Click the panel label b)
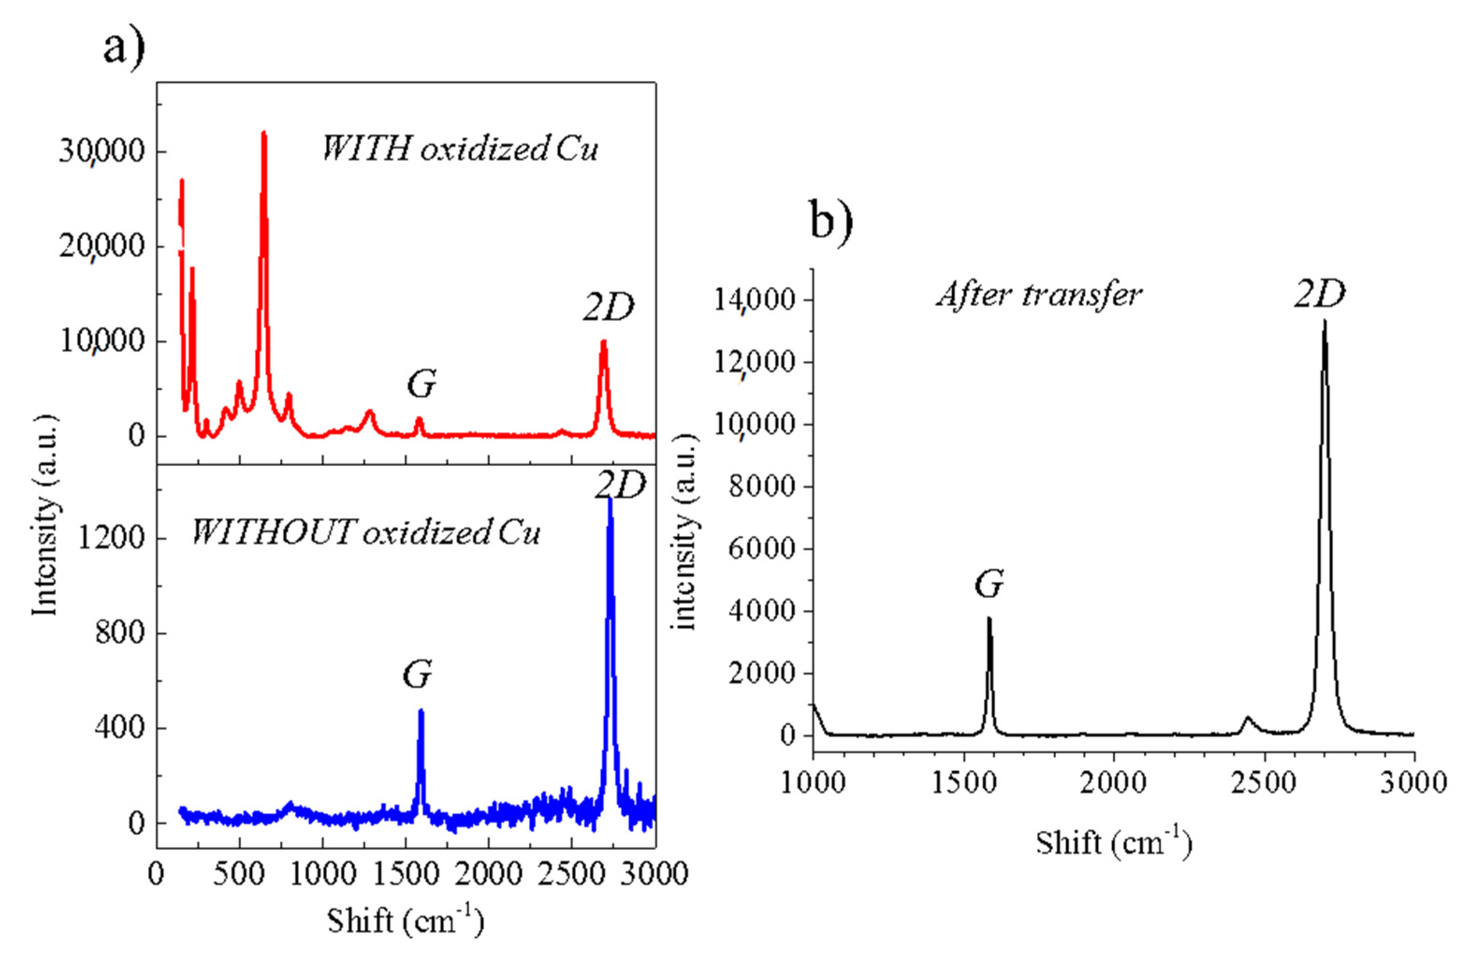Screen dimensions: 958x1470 point(831,220)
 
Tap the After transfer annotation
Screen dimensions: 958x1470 point(1039,295)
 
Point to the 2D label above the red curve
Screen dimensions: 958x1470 point(608,307)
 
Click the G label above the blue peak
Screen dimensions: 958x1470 point(417,674)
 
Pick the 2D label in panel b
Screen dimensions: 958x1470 point(1319,295)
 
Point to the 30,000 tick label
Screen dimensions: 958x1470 point(102,151)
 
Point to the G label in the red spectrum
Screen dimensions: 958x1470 point(421,385)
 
